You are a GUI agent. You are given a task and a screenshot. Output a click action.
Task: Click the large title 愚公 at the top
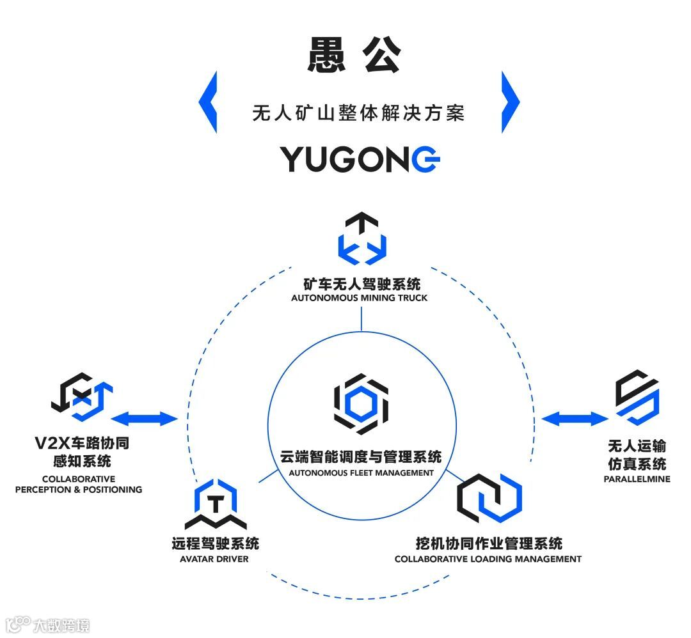pos(354,56)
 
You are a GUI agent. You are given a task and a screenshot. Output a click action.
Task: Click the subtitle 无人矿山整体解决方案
pos(358,114)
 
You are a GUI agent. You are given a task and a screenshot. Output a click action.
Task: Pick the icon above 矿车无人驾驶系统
pos(362,240)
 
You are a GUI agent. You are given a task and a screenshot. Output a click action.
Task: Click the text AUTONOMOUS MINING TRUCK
pos(359,298)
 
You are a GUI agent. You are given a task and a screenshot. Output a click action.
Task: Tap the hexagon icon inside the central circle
pos(361,403)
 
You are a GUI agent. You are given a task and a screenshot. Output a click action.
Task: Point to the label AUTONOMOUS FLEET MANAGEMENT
pos(361,473)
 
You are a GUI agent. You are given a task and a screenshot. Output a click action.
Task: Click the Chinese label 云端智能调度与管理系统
pos(361,457)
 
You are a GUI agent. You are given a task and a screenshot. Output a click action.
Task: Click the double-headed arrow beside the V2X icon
pos(145,419)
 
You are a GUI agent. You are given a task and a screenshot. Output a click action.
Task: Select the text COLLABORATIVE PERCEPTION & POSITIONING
pos(78,484)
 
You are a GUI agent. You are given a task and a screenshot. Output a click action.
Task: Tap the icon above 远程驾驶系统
pos(216,505)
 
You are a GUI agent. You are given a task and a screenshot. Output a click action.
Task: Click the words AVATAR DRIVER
pos(214,559)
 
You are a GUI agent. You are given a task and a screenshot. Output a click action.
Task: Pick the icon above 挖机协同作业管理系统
pos(489,499)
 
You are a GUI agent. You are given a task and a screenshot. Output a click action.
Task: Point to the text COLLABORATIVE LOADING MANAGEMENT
pos(488,559)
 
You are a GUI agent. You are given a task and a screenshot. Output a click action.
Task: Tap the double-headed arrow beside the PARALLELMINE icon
pos(573,419)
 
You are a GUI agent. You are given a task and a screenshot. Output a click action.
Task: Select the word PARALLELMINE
pos(637,478)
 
